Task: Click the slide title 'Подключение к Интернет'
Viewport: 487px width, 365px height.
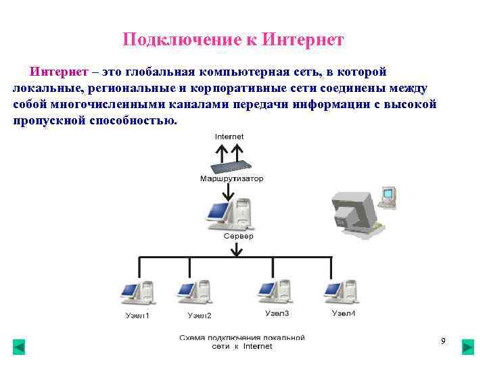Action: click(x=233, y=40)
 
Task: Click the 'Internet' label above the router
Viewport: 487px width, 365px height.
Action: click(x=229, y=137)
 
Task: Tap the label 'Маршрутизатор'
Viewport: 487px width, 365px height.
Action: click(x=231, y=179)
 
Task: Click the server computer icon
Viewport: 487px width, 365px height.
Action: click(x=229, y=214)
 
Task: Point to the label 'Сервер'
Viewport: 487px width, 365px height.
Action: click(x=238, y=236)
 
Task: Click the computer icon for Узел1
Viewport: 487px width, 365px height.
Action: click(x=137, y=293)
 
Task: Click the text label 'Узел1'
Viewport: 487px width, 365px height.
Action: click(x=137, y=316)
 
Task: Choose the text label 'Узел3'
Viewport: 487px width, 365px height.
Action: click(x=277, y=314)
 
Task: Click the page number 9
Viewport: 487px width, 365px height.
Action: click(x=443, y=341)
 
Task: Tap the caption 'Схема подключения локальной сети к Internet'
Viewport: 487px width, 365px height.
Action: click(x=241, y=341)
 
